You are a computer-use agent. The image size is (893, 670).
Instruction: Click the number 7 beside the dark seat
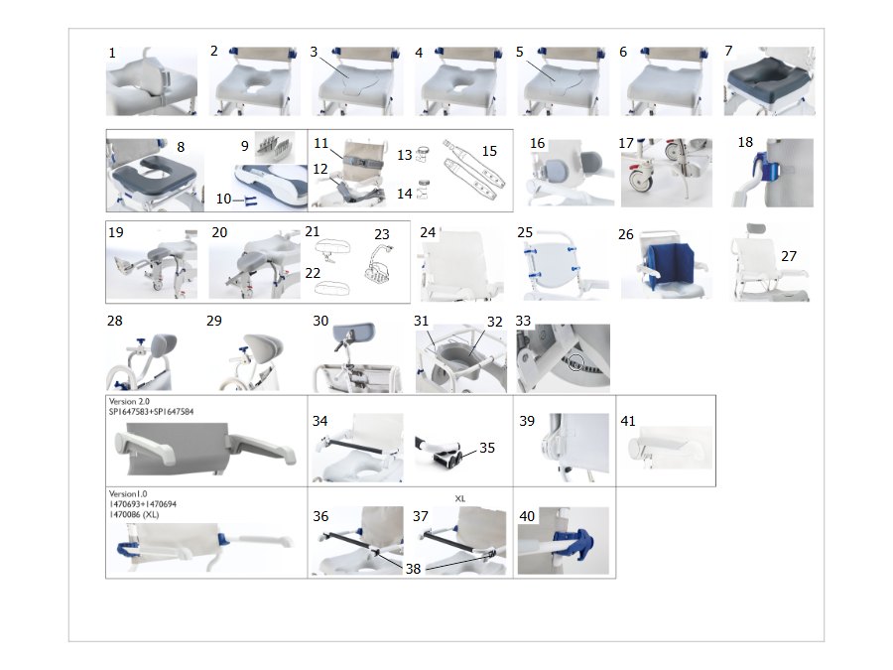(x=728, y=51)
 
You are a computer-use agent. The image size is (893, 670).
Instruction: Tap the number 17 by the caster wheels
(x=626, y=143)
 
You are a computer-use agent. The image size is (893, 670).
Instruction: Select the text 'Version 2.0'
(x=129, y=401)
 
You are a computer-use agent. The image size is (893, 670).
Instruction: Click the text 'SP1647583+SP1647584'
(x=151, y=411)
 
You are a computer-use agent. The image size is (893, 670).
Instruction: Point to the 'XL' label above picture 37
(x=460, y=498)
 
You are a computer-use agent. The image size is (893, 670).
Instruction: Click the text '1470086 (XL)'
(x=134, y=514)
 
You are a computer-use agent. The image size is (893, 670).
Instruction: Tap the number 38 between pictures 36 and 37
(x=413, y=568)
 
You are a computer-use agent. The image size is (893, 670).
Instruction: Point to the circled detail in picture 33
(x=575, y=361)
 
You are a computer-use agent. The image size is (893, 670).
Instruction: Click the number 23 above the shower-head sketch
(x=382, y=234)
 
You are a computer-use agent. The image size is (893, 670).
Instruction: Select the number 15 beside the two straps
(x=489, y=151)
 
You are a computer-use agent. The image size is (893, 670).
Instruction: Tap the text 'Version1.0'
(x=128, y=494)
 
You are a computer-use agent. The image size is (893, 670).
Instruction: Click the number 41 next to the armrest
(x=628, y=421)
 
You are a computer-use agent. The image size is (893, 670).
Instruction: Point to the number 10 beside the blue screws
(x=223, y=199)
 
